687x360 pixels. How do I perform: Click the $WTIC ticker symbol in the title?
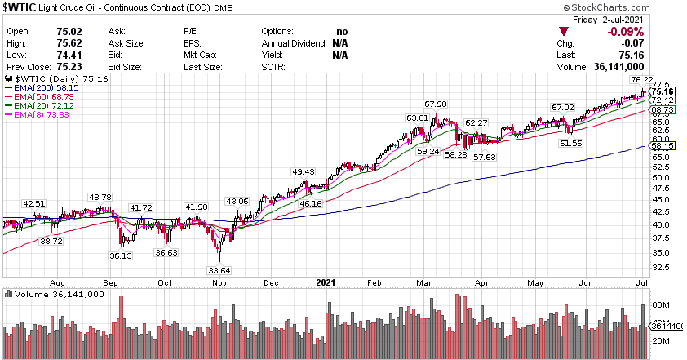click(x=20, y=7)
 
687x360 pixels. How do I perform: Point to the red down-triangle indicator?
click(x=563, y=32)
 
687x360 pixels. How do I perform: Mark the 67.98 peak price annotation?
click(x=436, y=104)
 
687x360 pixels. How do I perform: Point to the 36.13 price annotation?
click(x=122, y=255)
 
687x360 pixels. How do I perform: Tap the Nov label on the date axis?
click(x=220, y=283)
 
